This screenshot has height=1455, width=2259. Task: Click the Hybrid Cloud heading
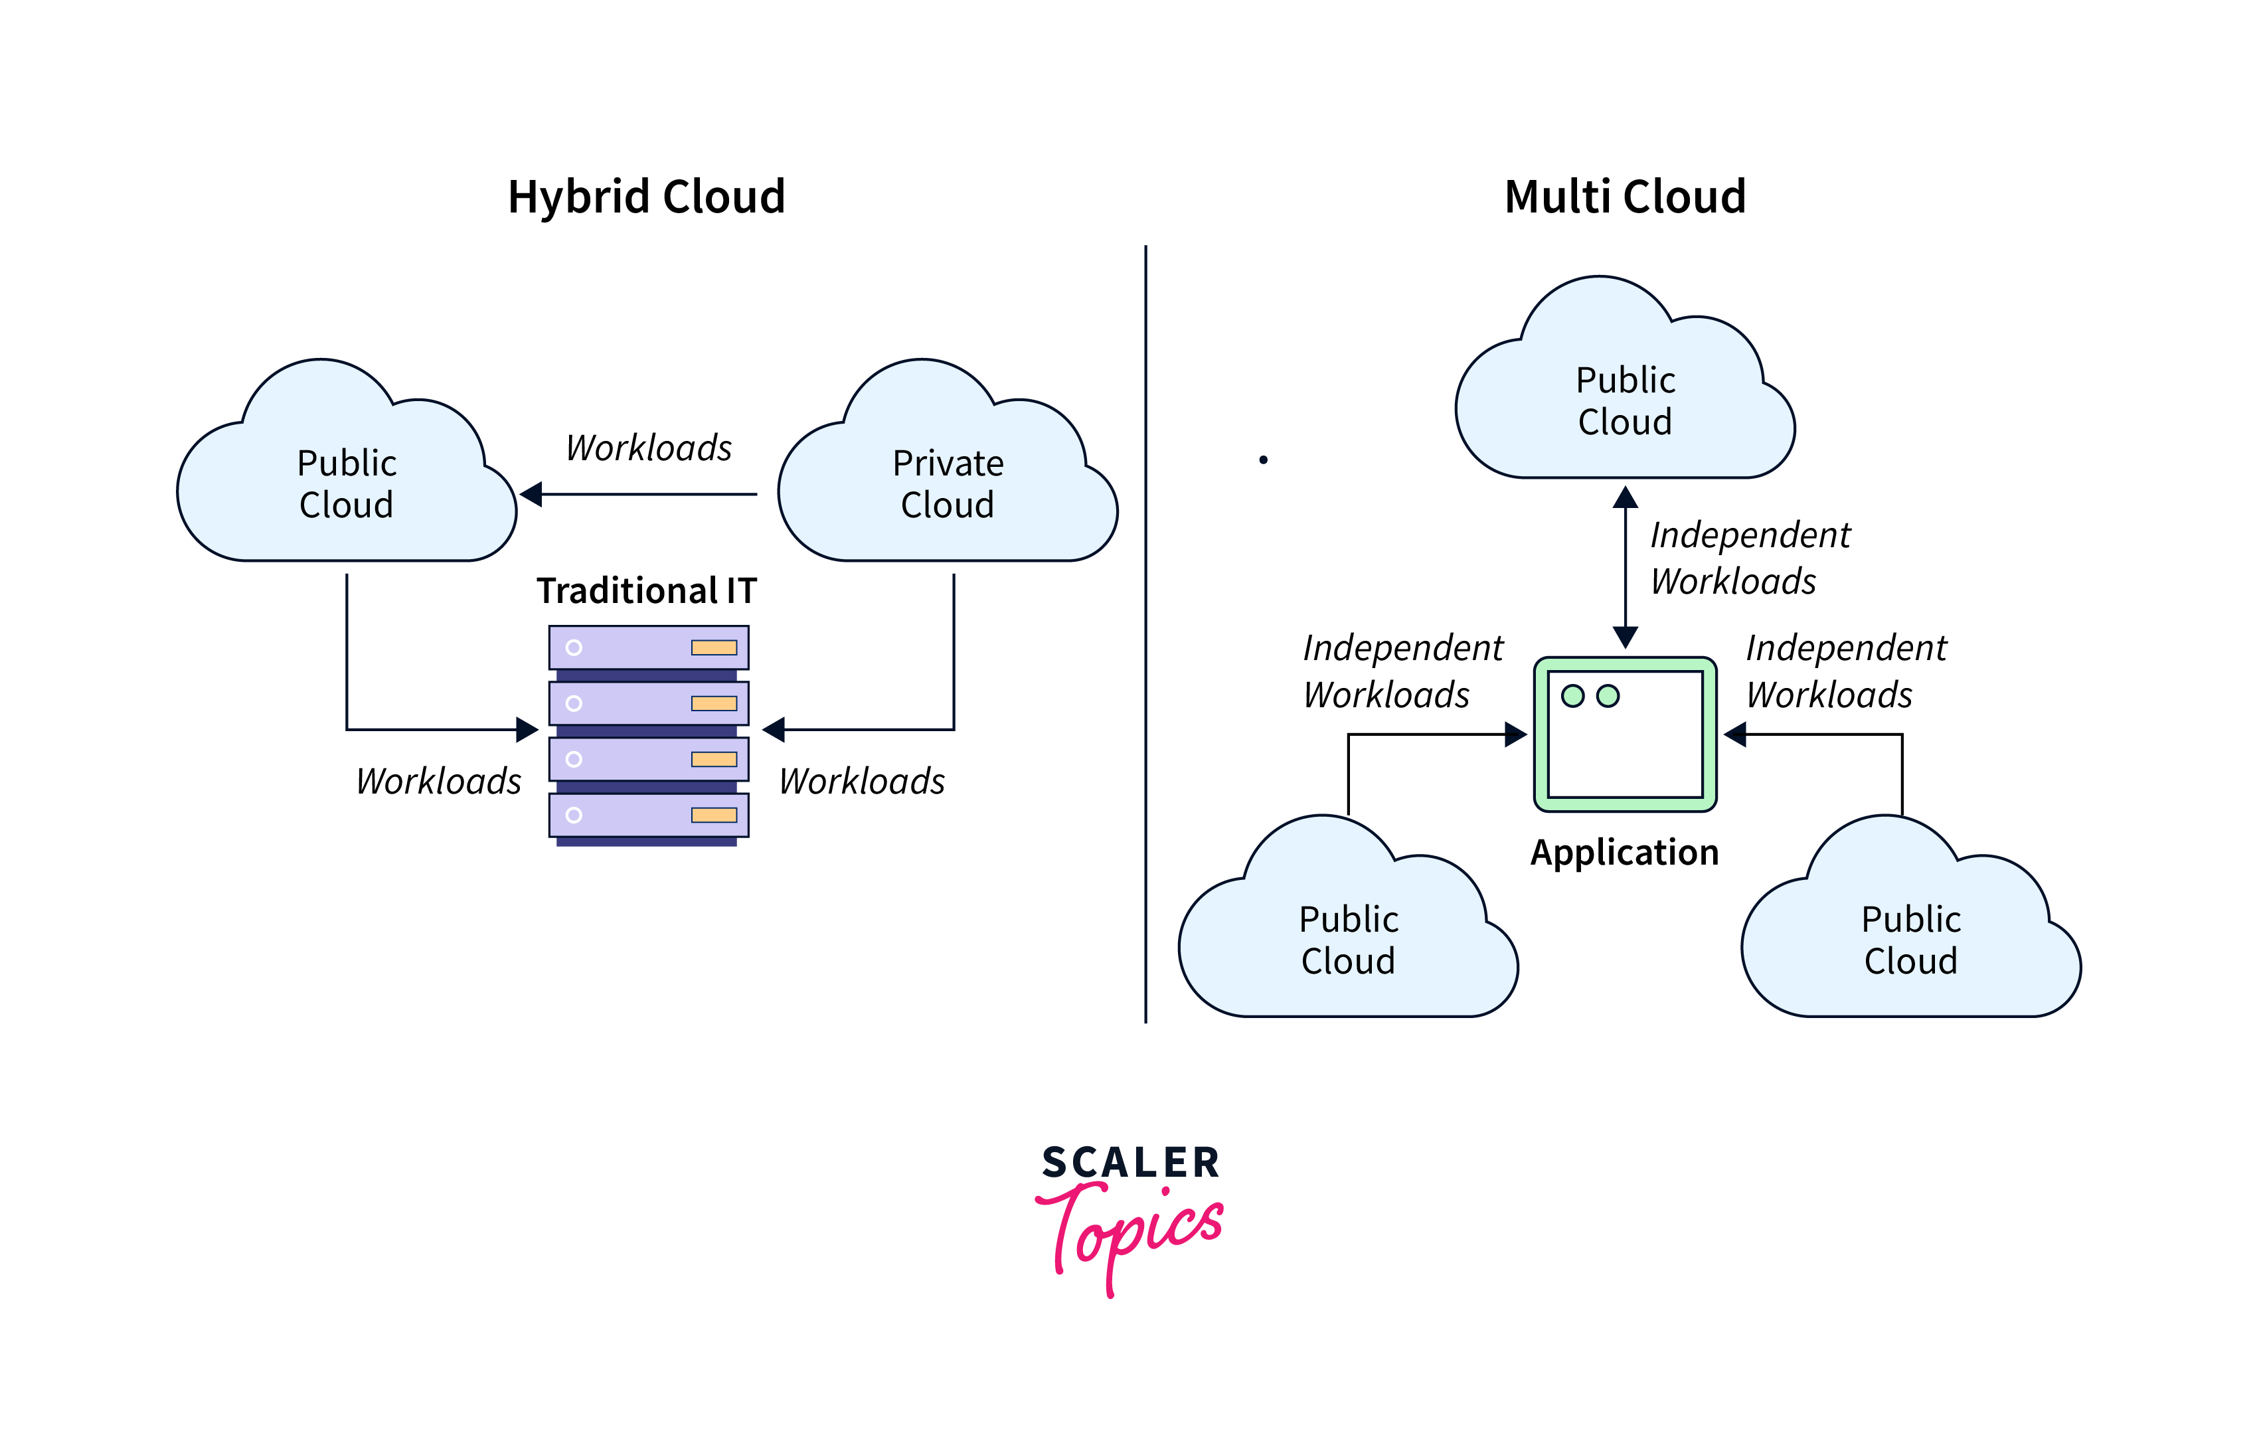point(646,197)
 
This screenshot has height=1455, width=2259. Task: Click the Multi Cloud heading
point(1624,197)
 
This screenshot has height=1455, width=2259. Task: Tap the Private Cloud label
point(948,483)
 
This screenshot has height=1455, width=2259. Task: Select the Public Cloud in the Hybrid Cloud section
point(347,483)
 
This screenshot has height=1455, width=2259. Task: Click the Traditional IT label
point(646,590)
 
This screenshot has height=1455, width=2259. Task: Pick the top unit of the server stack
point(648,647)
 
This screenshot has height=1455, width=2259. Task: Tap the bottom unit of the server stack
point(648,815)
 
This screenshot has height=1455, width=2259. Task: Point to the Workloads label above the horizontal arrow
point(648,448)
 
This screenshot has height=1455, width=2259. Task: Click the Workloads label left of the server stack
point(438,782)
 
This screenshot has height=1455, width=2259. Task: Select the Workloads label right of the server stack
point(862,782)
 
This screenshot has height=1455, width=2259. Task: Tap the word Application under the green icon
point(1624,852)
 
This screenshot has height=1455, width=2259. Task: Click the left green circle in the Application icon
point(1572,697)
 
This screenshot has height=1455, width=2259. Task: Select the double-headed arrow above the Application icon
point(1625,567)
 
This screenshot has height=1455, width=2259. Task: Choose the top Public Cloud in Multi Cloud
point(1625,400)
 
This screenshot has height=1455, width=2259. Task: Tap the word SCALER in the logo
point(1131,1163)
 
